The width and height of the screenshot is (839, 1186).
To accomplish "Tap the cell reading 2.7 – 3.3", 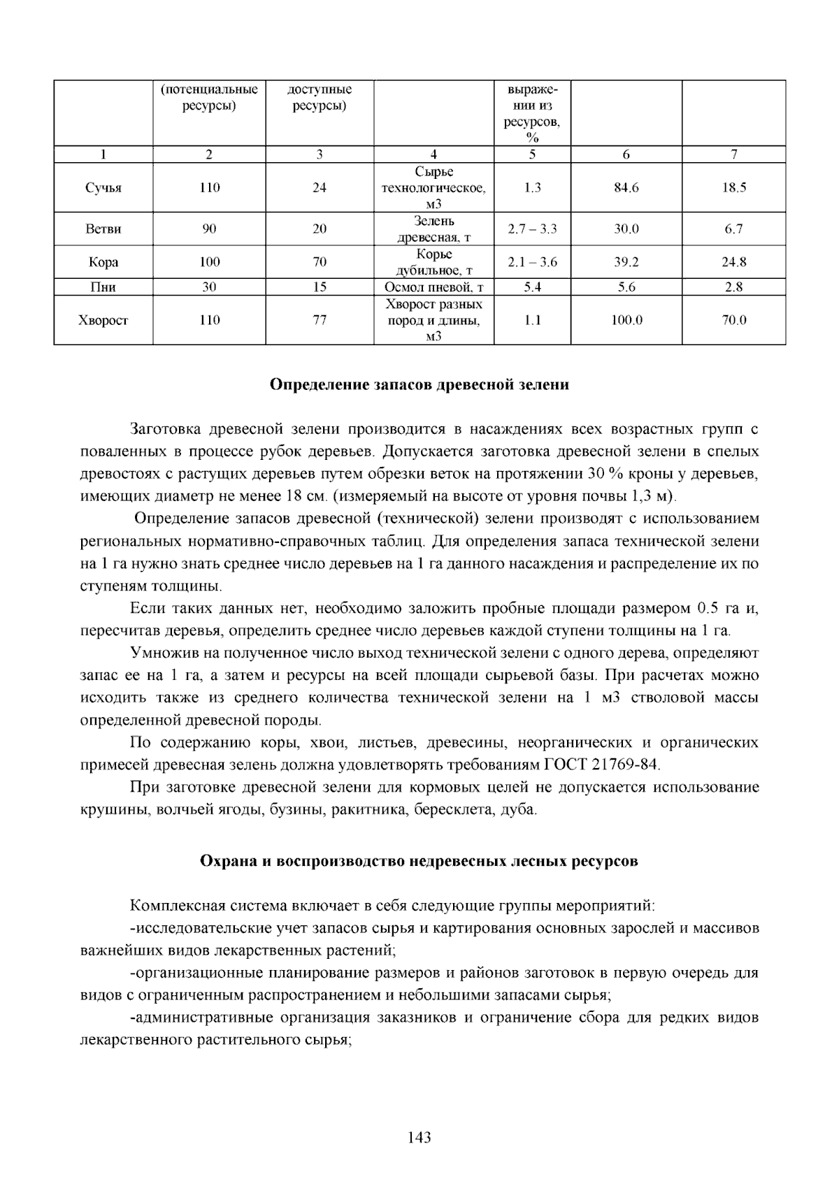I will click(x=532, y=229).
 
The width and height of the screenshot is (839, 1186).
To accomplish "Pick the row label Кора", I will click(x=103, y=262).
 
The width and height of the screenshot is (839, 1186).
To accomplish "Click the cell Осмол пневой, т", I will click(x=434, y=287).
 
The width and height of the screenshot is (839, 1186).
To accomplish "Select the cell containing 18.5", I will click(x=734, y=188).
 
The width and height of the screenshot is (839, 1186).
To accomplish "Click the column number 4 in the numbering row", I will click(x=434, y=154).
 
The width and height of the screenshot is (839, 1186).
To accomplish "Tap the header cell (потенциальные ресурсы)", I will click(x=209, y=98).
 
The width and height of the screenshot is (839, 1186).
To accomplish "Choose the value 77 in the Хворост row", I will click(x=320, y=321).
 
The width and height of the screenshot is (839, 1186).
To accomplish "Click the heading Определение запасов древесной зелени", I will click(x=419, y=385).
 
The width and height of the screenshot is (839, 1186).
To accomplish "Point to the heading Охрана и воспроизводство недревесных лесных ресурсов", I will click(x=419, y=861).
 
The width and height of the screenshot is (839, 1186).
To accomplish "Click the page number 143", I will click(x=419, y=1138).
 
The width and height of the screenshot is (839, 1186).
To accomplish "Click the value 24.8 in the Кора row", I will click(x=734, y=262).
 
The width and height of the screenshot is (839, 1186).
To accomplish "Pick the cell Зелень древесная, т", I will click(x=434, y=229).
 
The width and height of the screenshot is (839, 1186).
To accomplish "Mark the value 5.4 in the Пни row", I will click(x=532, y=287).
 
